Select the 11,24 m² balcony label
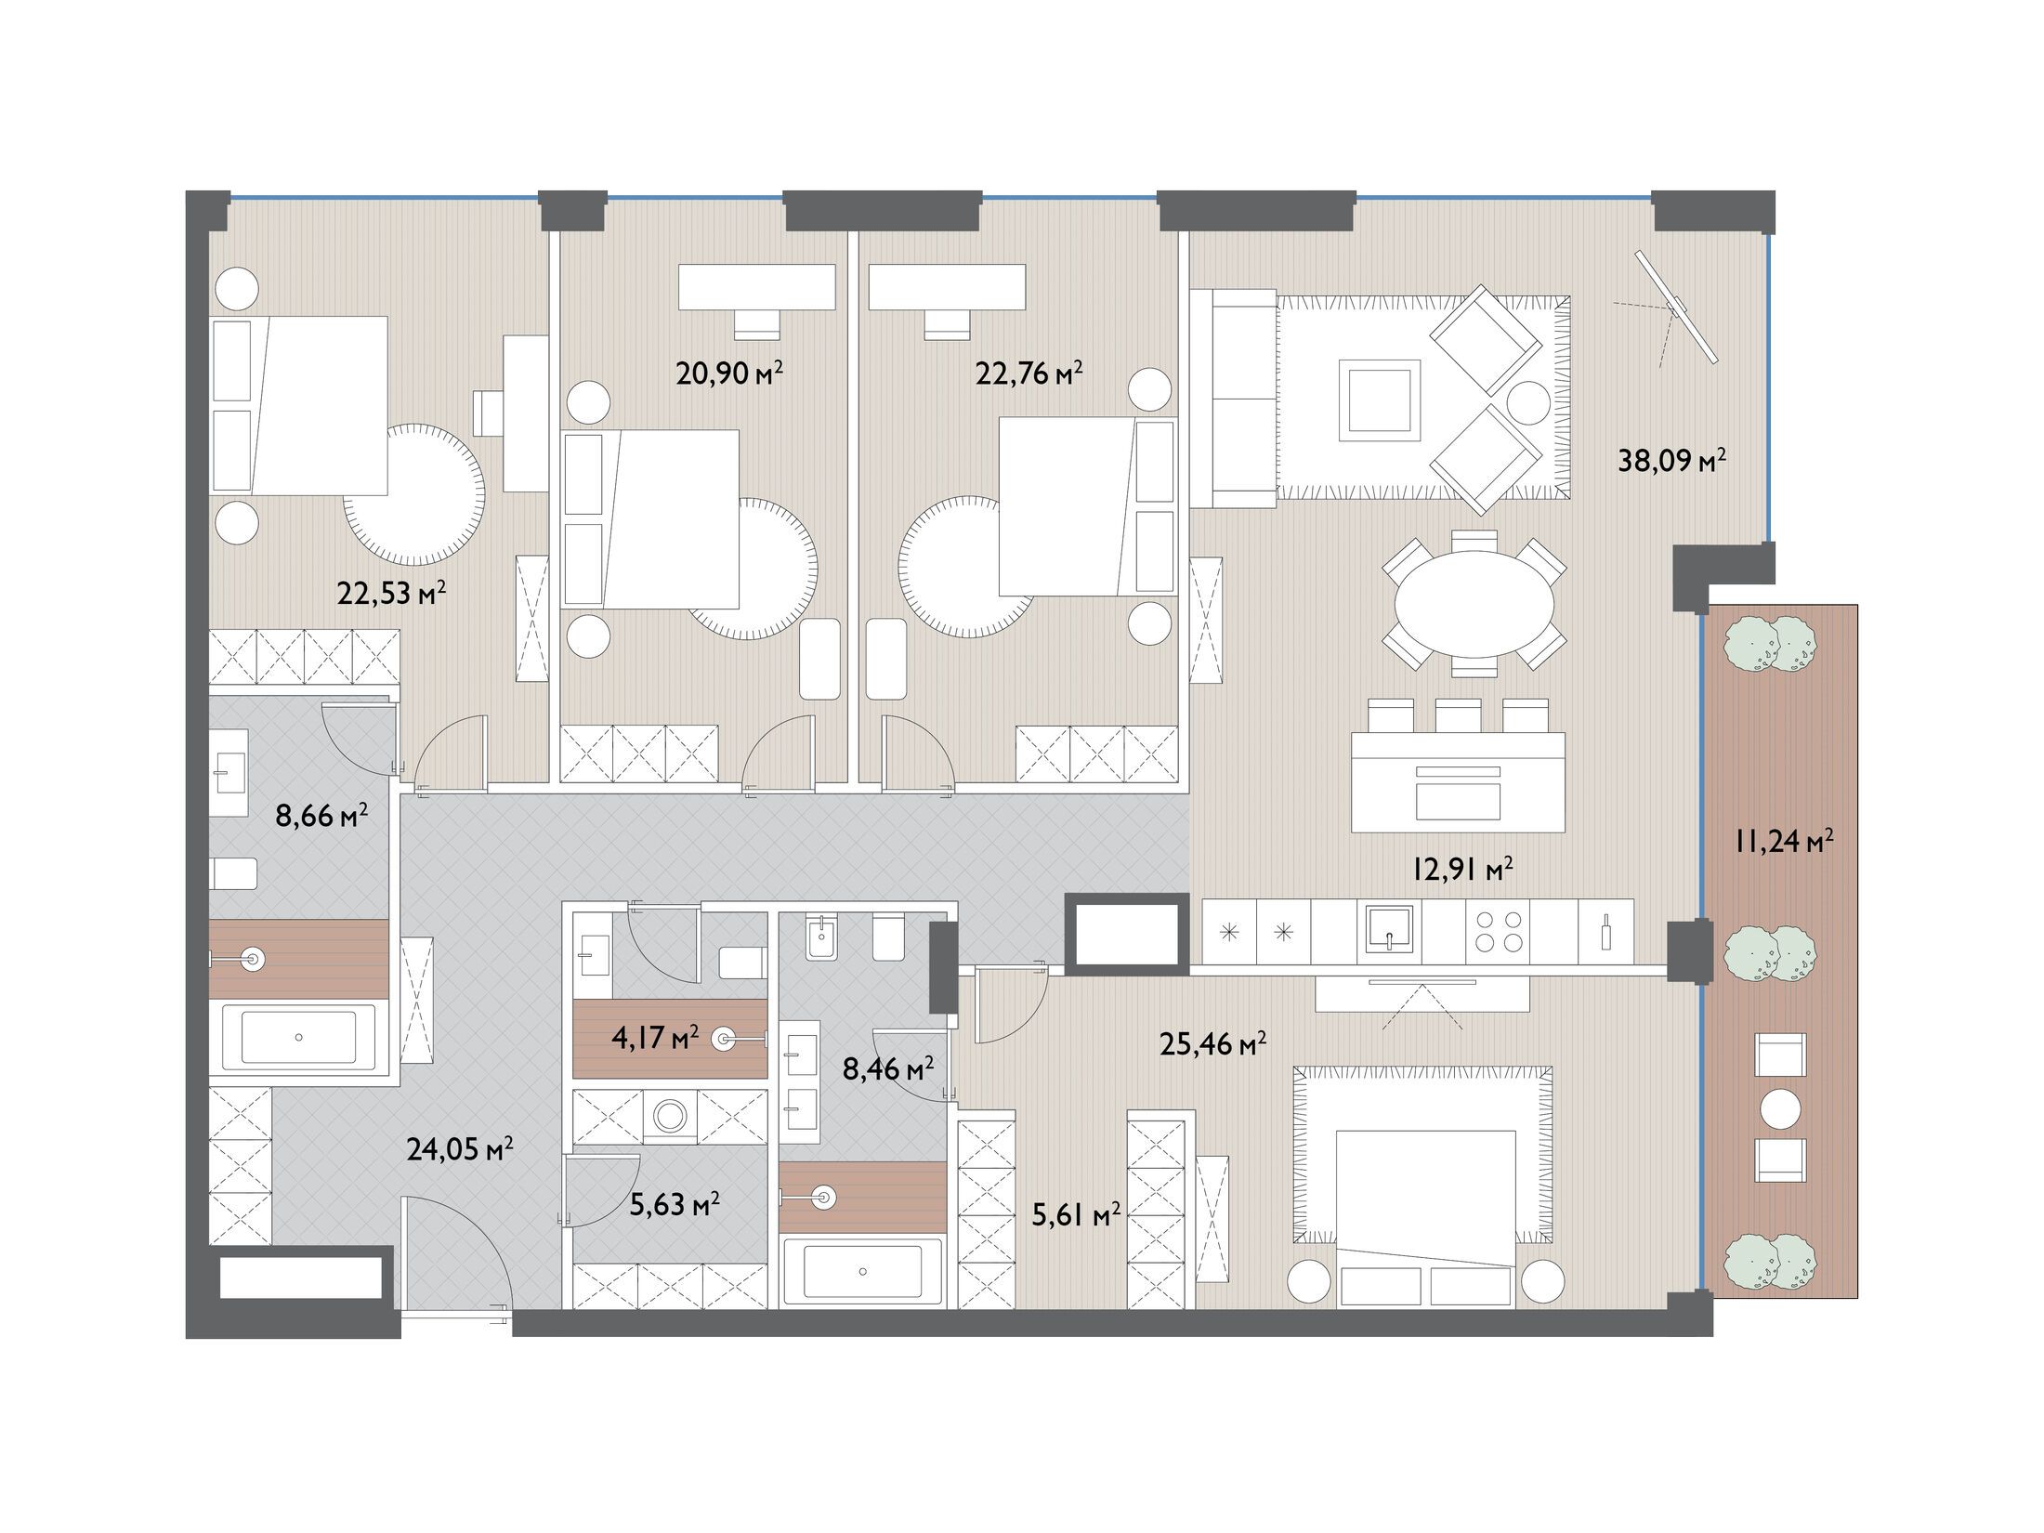point(1783,842)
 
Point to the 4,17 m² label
point(655,1037)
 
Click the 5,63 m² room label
point(675,1205)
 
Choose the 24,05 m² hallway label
point(460,1150)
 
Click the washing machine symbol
point(669,1116)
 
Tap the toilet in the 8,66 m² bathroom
point(234,874)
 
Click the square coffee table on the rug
point(1379,400)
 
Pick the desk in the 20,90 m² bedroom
point(756,287)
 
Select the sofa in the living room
point(1233,399)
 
